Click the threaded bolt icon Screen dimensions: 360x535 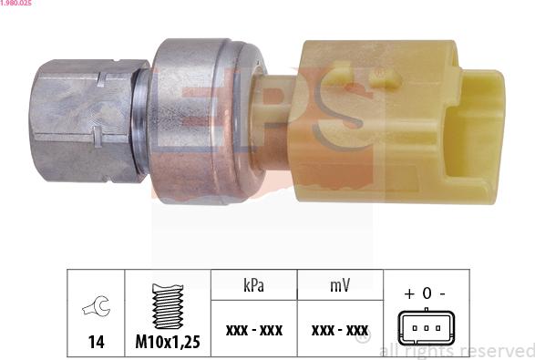167,305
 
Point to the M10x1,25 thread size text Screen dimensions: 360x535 167,342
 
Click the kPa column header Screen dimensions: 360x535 254,284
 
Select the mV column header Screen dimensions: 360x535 340,284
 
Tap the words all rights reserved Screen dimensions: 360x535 456,350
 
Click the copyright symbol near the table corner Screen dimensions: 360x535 364,338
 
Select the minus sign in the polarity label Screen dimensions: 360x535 442,294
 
